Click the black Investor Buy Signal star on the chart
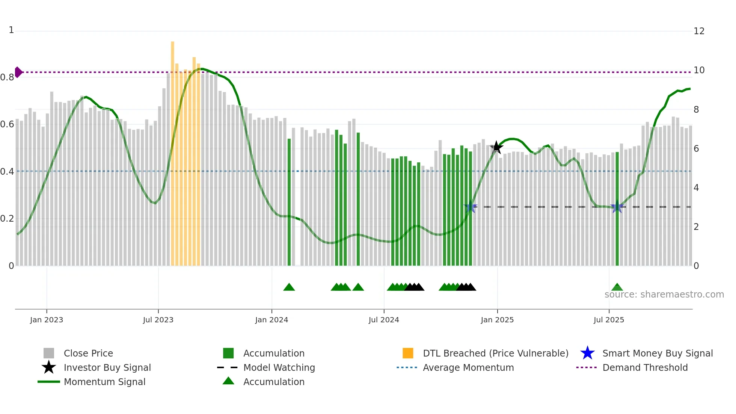click(496, 147)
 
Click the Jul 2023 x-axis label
click(158, 320)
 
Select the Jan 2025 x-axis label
click(497, 320)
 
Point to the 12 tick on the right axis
click(699, 31)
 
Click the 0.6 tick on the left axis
click(7, 124)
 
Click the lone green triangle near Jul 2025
click(617, 287)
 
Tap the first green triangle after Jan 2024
click(289, 287)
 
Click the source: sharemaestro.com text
click(664, 295)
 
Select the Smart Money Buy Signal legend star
click(587, 353)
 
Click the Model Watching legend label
click(279, 367)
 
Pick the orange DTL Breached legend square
click(408, 353)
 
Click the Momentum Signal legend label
click(104, 382)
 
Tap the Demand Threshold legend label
click(645, 367)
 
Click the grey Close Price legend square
click(49, 353)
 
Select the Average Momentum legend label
click(468, 367)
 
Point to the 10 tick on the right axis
click(699, 70)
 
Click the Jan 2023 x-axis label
click(47, 320)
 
